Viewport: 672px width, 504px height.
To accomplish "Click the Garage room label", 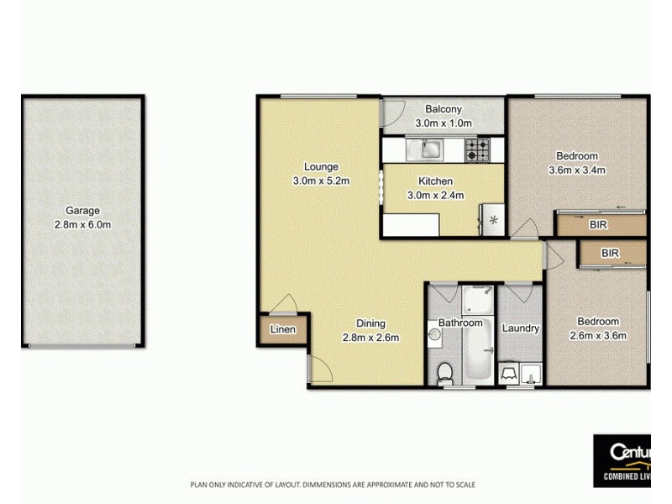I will (83, 211).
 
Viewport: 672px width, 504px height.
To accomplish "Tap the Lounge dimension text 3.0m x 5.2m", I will (321, 181).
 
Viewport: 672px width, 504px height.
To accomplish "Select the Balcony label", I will (443, 109).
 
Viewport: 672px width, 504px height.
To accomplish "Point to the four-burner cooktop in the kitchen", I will (478, 150).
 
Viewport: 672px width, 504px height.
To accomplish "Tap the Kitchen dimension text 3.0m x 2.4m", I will (436, 196).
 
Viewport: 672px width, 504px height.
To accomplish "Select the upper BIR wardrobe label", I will (598, 225).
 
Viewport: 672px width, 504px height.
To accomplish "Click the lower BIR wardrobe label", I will (611, 252).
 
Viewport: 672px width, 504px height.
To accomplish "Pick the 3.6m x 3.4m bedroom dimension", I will (577, 171).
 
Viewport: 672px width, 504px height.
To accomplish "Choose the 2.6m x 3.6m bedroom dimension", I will (598, 336).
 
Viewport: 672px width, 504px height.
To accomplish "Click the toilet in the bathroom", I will (446, 370).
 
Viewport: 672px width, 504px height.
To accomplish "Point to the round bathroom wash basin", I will (433, 335).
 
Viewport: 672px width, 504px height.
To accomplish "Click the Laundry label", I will (520, 328).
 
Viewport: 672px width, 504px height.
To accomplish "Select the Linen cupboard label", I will (283, 329).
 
